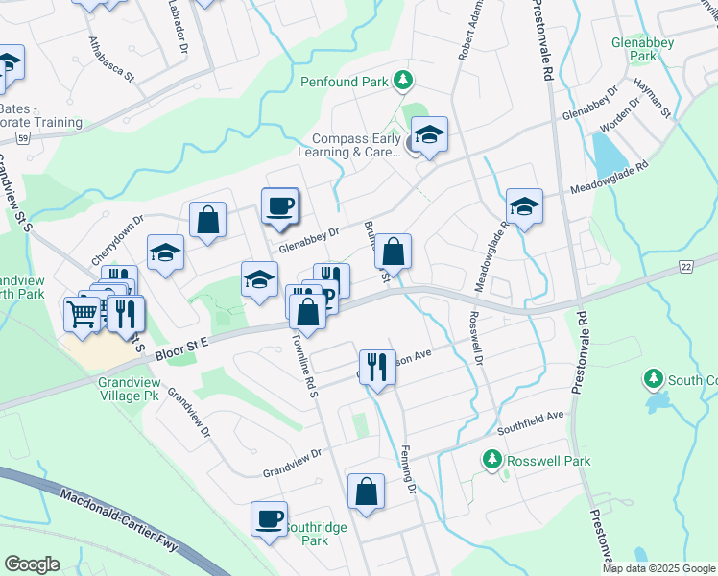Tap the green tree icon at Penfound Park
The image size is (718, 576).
[405, 81]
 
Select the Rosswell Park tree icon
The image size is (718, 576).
[493, 461]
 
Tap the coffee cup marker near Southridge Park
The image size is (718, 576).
[269, 518]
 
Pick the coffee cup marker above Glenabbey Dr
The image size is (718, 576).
[279, 205]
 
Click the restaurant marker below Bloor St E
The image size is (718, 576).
[377, 365]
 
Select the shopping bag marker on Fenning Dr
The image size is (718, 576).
[366, 492]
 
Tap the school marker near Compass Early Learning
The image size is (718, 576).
[429, 134]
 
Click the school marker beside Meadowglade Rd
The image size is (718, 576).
[524, 205]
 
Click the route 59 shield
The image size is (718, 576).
[21, 138]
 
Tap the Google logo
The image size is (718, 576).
[31, 564]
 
